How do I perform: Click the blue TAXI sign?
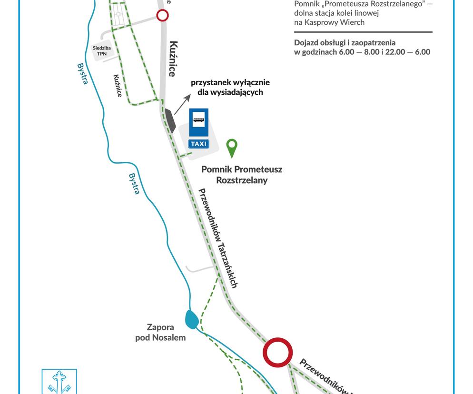tap(198, 144)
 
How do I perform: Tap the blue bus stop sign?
tap(198, 122)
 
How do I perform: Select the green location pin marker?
tap(232, 148)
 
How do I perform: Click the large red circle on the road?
tap(277, 353)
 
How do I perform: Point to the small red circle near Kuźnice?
tap(162, 15)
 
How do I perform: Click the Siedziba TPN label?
tap(102, 51)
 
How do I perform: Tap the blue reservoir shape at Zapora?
tap(191, 319)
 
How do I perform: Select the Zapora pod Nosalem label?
tap(160, 332)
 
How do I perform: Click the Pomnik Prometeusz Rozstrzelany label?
tap(242, 175)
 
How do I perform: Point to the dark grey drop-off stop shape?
tap(170, 121)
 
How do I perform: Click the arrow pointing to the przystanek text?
tap(183, 104)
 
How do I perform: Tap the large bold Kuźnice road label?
tap(173, 59)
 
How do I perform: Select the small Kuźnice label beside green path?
tap(118, 86)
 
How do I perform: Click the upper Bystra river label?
tap(82, 74)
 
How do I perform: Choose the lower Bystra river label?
tap(134, 184)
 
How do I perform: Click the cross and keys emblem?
tap(59, 382)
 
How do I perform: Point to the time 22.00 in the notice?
tap(395, 52)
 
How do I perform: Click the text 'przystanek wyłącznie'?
tap(230, 82)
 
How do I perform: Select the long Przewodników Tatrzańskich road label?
tap(218, 238)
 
